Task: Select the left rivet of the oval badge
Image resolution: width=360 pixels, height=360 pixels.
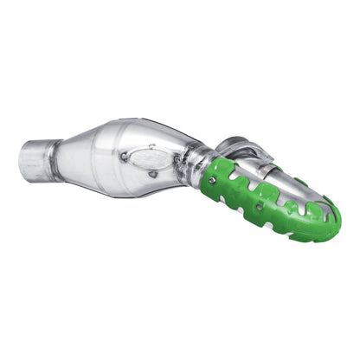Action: tap(126, 157)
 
